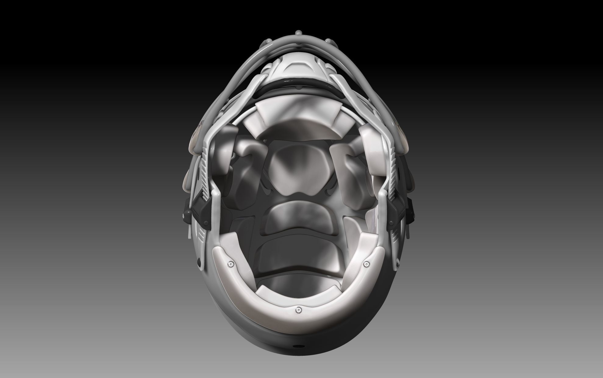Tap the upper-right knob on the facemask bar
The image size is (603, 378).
point(328,41)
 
